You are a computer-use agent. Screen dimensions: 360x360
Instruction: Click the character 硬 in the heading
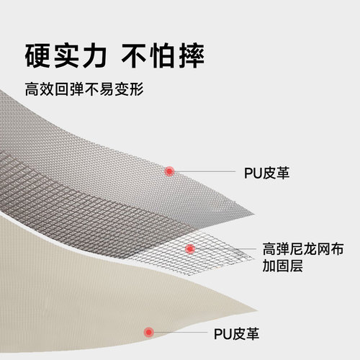pos(37,55)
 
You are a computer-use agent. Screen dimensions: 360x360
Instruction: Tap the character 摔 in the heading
pos(192,55)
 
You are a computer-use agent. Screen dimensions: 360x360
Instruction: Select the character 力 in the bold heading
pos(94,55)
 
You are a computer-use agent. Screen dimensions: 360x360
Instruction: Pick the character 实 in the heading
pos(66,55)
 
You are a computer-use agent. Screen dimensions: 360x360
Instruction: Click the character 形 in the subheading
pos(137,89)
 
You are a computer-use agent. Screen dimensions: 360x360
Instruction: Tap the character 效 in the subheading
pos(47,89)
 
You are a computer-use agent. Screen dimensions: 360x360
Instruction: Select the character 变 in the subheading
pos(122,89)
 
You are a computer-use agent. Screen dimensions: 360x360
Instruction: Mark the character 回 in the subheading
pos(62,89)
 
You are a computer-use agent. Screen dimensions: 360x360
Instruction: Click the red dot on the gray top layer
pos(169,171)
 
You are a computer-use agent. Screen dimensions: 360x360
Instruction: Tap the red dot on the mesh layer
pos(190,249)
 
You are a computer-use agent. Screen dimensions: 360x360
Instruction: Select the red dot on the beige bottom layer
pos(149,332)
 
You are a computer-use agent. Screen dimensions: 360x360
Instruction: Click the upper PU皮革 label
pos(266,173)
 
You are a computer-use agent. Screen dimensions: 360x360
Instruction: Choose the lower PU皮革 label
pos(236,334)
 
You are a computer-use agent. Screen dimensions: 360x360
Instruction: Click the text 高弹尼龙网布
pos(303,249)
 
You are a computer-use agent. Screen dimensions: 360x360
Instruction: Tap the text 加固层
pos(282,266)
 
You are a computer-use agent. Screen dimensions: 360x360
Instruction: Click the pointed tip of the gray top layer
pos(254,215)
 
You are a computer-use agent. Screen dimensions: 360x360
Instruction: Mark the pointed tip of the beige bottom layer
pos(257,310)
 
